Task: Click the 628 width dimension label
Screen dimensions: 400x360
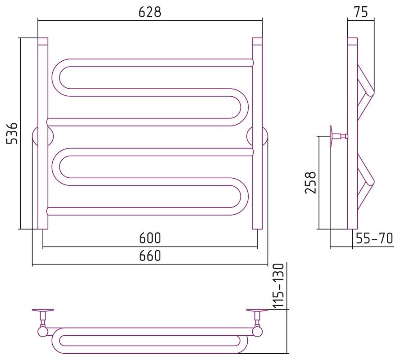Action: (x=150, y=12)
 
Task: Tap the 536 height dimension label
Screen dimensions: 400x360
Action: (x=12, y=133)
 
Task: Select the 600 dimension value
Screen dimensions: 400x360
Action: (x=150, y=238)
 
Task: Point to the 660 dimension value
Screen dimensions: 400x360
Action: (x=150, y=256)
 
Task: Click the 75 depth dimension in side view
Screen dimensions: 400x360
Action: (x=361, y=12)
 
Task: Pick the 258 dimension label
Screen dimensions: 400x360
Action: (x=310, y=183)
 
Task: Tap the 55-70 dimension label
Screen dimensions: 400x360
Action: (x=374, y=238)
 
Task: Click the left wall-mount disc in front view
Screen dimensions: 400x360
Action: (x=43, y=136)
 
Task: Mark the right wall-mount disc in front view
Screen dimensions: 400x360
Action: (x=257, y=136)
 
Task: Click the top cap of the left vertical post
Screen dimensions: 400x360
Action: (x=43, y=41)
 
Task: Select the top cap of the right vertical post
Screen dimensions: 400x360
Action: (x=257, y=41)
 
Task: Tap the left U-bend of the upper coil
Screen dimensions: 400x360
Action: (x=60, y=77)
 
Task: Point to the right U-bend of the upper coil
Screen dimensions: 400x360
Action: (x=240, y=107)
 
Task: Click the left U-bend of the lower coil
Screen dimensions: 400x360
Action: (x=60, y=166)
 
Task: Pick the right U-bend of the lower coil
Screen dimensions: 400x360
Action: (x=240, y=197)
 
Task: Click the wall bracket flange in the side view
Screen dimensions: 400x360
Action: (x=331, y=136)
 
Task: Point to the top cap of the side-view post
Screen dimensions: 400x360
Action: (x=353, y=41)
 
